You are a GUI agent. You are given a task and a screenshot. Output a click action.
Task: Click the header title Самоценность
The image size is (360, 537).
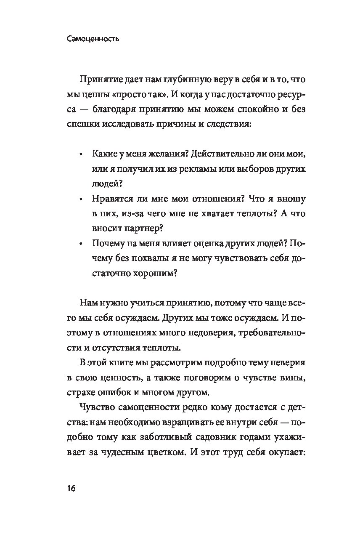click(x=93, y=39)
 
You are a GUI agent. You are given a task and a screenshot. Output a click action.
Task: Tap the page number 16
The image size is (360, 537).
click(x=71, y=489)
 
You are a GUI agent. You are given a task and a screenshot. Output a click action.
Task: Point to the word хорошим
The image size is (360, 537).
click(x=152, y=273)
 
